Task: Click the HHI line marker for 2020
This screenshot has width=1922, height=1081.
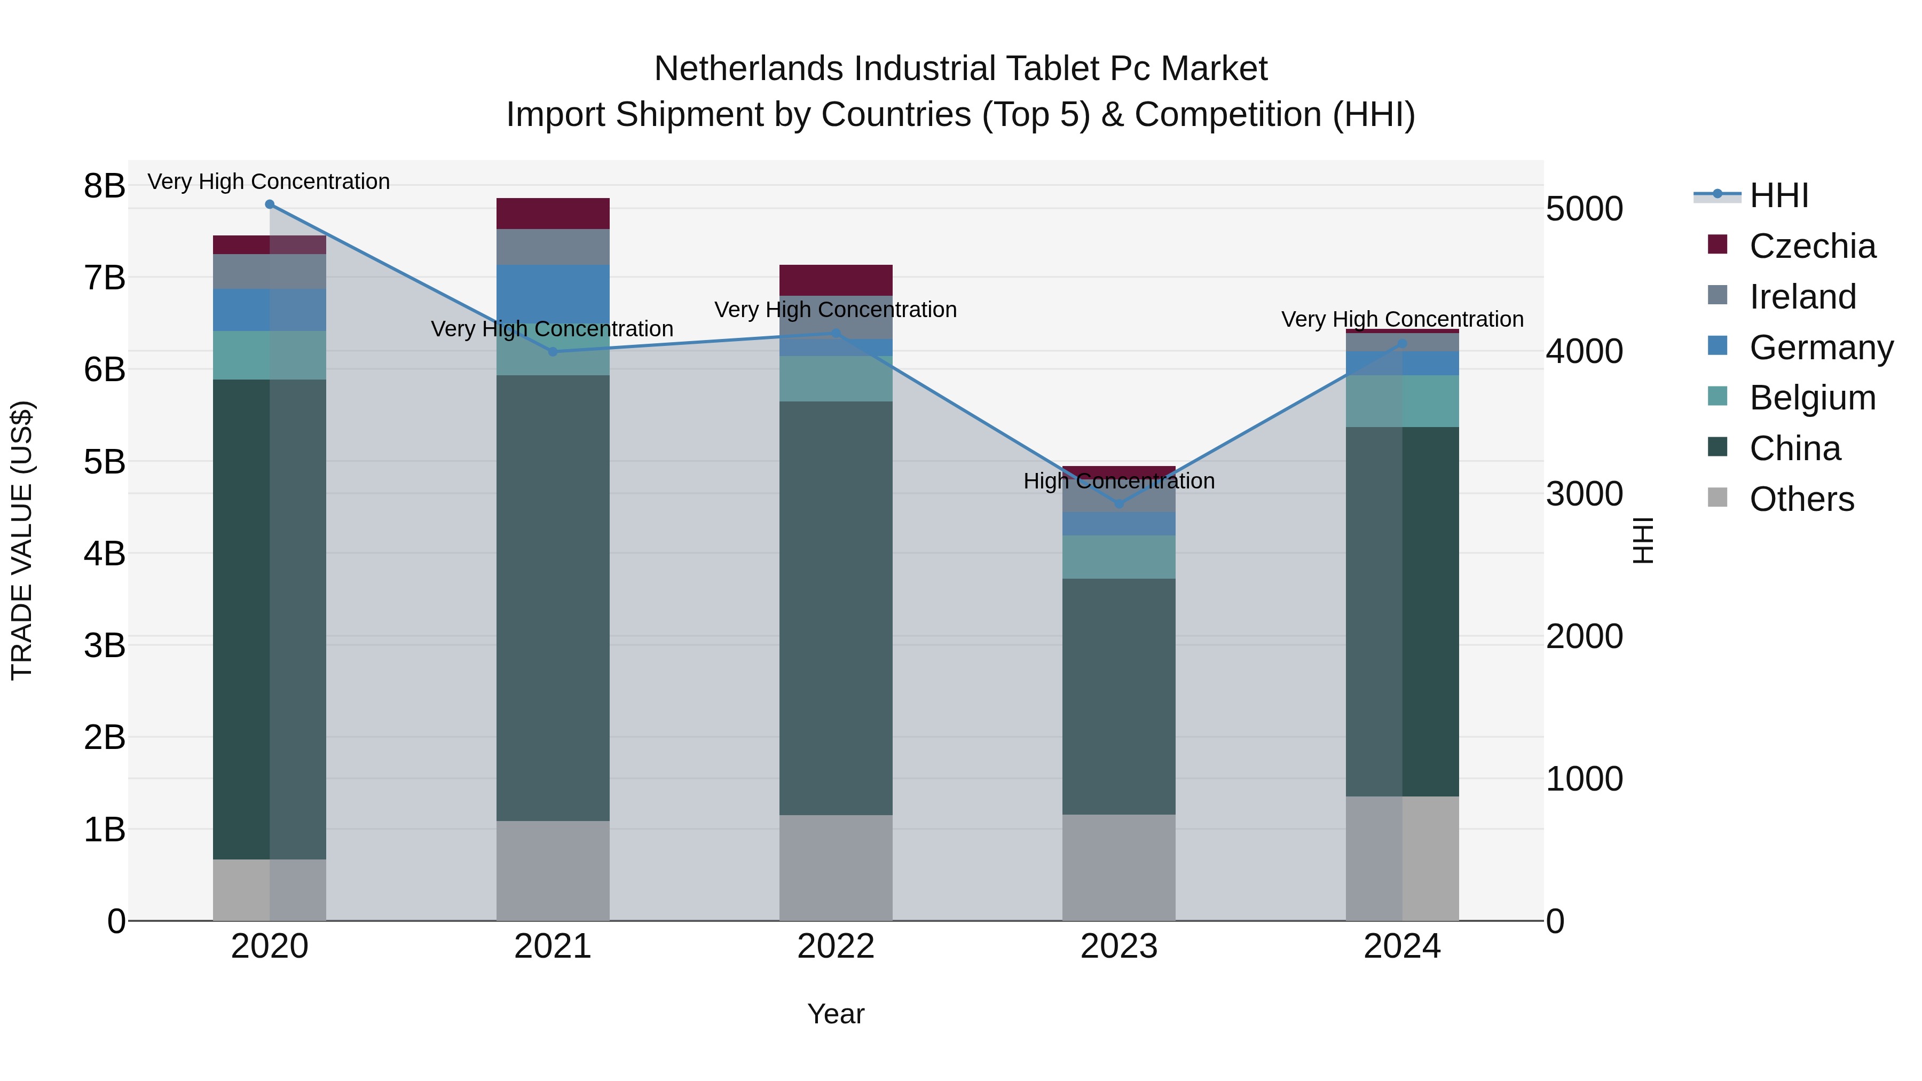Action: pyautogui.click(x=270, y=204)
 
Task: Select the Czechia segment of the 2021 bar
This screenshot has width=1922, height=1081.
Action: pyautogui.click(x=553, y=214)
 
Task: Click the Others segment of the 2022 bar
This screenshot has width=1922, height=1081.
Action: pyautogui.click(x=836, y=867)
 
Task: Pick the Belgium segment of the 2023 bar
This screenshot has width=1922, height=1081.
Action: pyautogui.click(x=1118, y=557)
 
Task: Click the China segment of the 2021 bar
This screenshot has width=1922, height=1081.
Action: pyautogui.click(x=553, y=597)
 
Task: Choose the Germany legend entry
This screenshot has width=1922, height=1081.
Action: pyautogui.click(x=1821, y=348)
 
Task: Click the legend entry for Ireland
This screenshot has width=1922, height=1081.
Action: pyautogui.click(x=1802, y=297)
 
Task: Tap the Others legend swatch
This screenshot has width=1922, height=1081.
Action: pyautogui.click(x=1717, y=498)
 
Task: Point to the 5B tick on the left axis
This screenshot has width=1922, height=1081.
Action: pyautogui.click(x=105, y=462)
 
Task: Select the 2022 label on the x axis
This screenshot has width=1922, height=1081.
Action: pyautogui.click(x=836, y=946)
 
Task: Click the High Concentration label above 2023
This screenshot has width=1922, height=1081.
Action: pyautogui.click(x=1118, y=481)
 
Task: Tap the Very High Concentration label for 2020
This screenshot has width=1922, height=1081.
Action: pyautogui.click(x=269, y=182)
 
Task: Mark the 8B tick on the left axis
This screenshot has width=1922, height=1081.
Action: pyautogui.click(x=105, y=186)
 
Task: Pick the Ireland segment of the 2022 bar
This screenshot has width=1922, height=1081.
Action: pyautogui.click(x=836, y=317)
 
